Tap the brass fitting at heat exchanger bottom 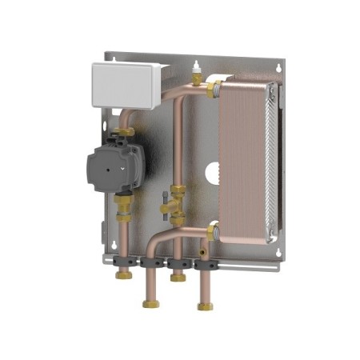point(211,233)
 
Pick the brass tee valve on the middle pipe point(172,208)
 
